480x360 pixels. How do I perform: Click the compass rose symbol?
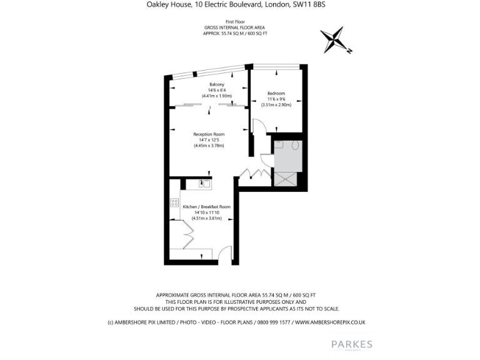pyautogui.click(x=336, y=41)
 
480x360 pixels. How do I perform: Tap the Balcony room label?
pyautogui.click(x=217, y=84)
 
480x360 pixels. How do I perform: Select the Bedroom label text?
pyautogui.click(x=276, y=93)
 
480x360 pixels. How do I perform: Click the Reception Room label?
pyautogui.click(x=209, y=134)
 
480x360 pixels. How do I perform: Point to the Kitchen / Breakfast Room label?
pyautogui.click(x=206, y=207)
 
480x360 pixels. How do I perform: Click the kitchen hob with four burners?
pyautogui.click(x=174, y=203)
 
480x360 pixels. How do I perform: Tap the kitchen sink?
pyautogui.click(x=204, y=184)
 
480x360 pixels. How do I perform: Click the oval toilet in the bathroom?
pyautogui.click(x=295, y=146)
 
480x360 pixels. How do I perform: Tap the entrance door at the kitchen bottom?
pyautogui.click(x=222, y=253)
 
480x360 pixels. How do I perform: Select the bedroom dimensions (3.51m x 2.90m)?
pyautogui.click(x=276, y=105)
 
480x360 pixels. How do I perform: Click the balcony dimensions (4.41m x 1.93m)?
pyautogui.click(x=217, y=96)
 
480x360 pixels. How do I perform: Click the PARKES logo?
pyautogui.click(x=351, y=344)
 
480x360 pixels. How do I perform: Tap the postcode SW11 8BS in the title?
pyautogui.click(x=309, y=4)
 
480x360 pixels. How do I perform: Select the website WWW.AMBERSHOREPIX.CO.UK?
pyautogui.click(x=329, y=322)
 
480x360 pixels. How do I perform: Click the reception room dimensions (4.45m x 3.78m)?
pyautogui.click(x=209, y=146)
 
